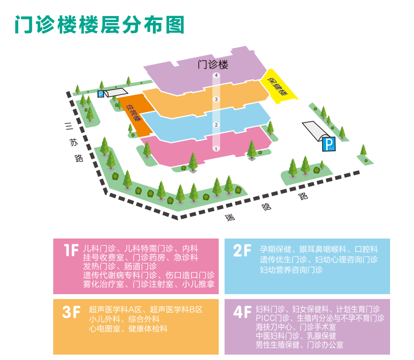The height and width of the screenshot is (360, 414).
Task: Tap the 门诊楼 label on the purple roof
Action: point(213,64)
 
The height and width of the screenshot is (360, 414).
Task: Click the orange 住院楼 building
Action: point(134,114)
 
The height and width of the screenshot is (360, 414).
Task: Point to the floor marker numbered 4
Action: point(216,76)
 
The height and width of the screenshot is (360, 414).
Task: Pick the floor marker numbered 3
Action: point(216,100)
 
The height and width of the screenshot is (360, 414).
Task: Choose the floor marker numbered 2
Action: point(216,125)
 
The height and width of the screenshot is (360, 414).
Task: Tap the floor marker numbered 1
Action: point(216,149)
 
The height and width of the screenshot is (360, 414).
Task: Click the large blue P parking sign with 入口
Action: point(327,144)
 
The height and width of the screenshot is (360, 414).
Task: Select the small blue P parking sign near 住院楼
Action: point(101,94)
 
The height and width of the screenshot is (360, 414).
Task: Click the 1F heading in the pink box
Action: point(71,251)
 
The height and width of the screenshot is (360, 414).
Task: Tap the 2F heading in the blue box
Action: point(242,251)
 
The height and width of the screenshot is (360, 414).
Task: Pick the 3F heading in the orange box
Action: point(71,312)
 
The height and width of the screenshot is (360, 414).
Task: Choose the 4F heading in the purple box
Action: point(242,312)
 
